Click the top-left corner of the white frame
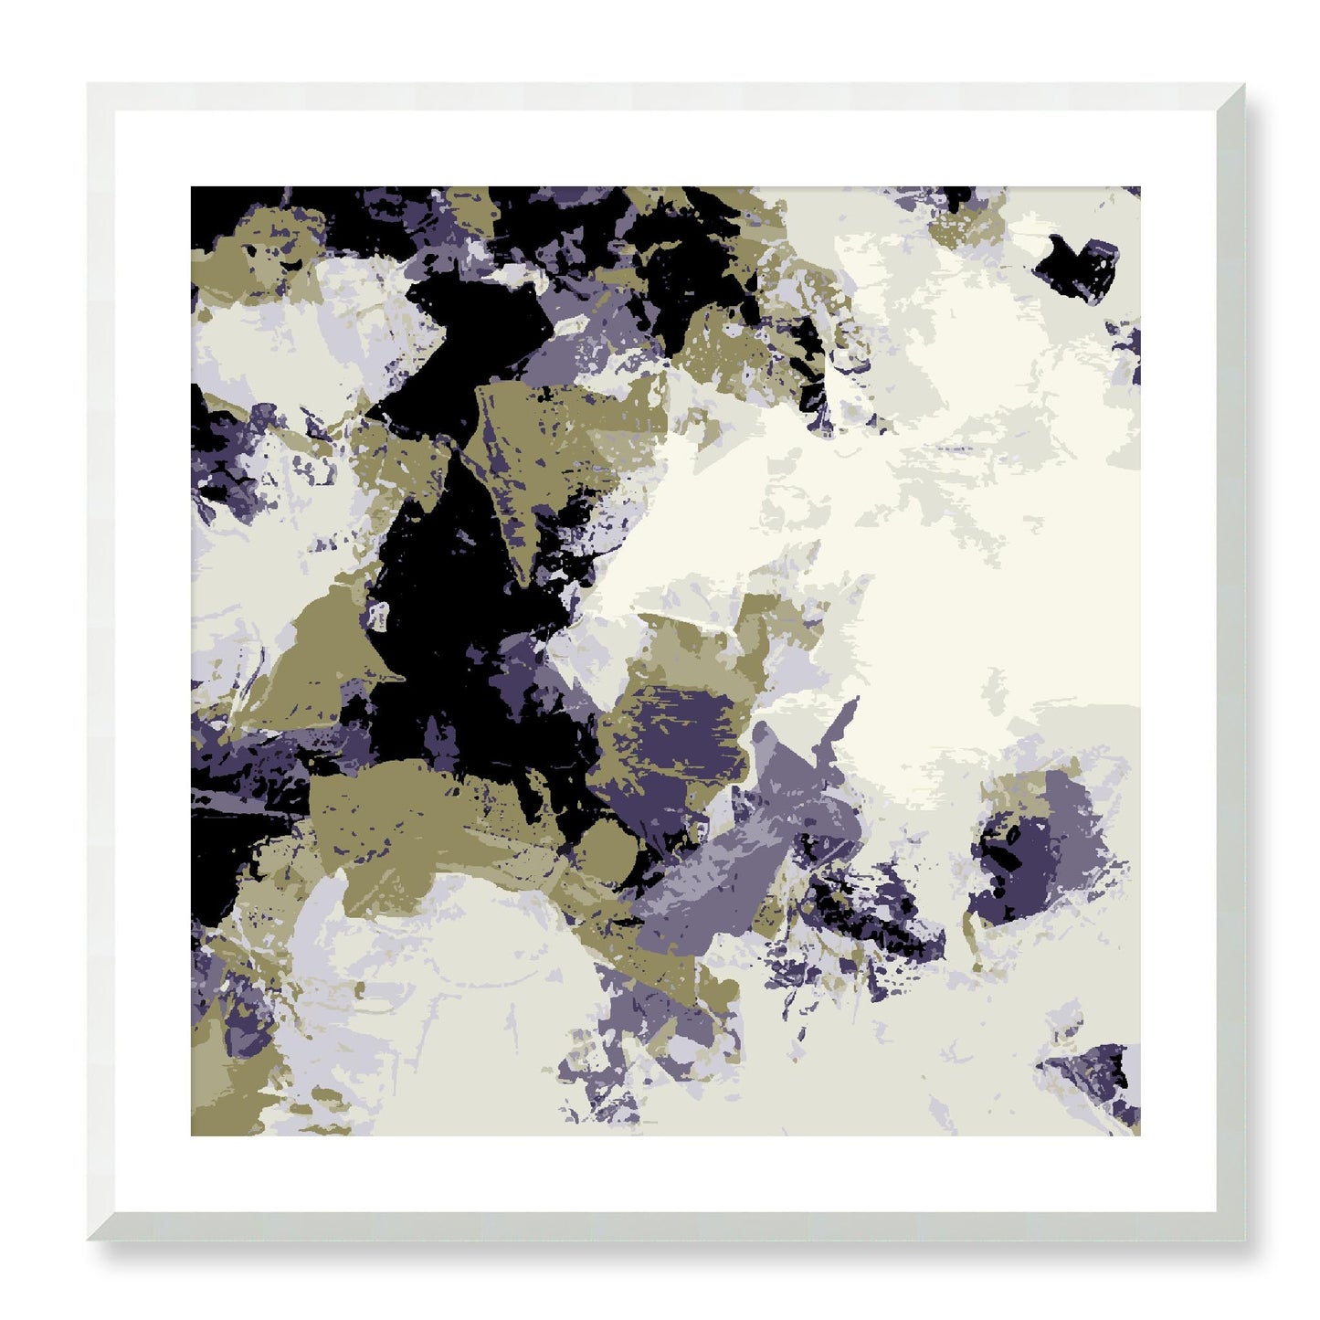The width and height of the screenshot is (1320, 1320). [90, 86]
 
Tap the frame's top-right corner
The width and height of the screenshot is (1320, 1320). [1243, 86]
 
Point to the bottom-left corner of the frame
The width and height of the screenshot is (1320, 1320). [90, 1239]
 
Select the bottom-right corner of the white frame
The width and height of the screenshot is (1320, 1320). [1243, 1239]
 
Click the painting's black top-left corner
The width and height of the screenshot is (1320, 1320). [193, 189]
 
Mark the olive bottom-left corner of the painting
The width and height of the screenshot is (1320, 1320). [193, 1134]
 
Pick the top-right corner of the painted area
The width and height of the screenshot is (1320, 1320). [1138, 189]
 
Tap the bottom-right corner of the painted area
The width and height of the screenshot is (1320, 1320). [1138, 1134]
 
